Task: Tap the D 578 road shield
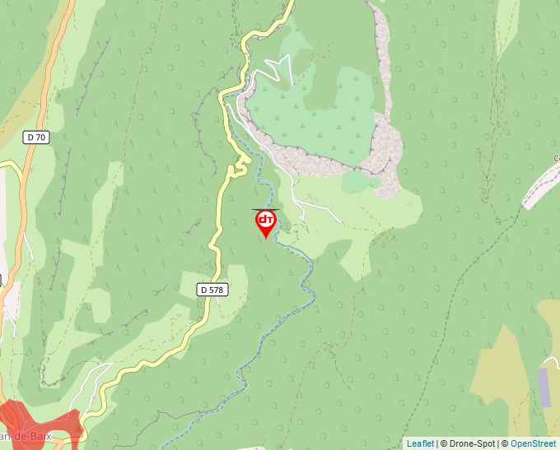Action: point(212,290)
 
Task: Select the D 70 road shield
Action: point(37,138)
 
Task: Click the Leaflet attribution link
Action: point(420,443)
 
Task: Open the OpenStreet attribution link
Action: point(533,443)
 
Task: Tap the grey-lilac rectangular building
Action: point(544,387)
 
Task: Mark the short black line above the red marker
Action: point(265,209)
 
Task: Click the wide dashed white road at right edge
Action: point(539,185)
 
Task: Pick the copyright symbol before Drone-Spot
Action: point(441,443)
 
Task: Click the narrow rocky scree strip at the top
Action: point(380,49)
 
